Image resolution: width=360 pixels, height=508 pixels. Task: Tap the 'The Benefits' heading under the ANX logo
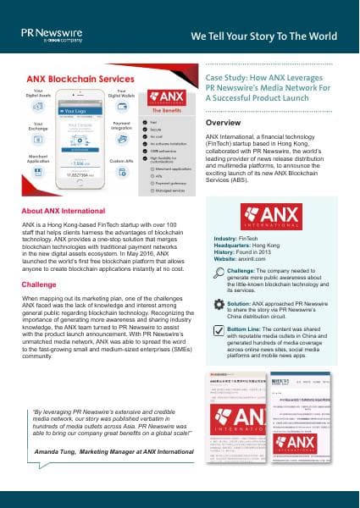point(169,110)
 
